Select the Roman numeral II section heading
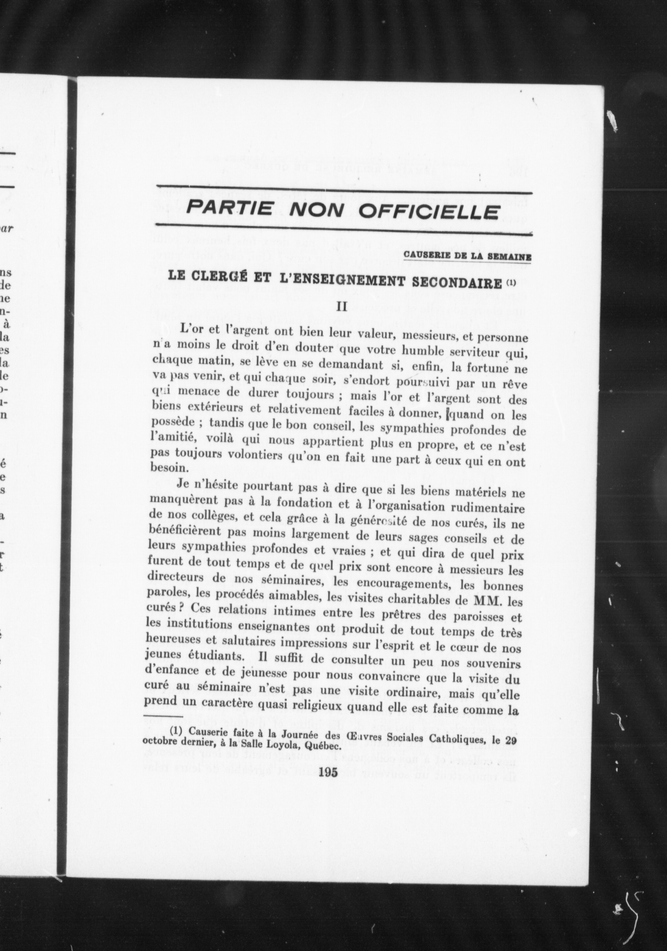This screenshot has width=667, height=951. click(x=342, y=307)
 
